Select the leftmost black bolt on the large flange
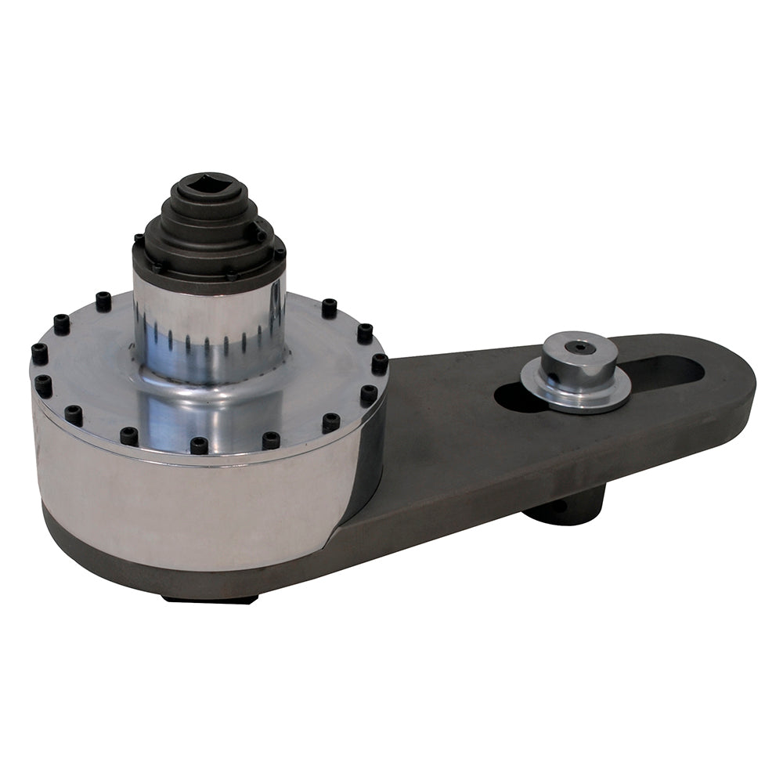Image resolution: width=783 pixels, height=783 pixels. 38,354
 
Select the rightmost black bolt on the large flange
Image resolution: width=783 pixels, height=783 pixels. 380,363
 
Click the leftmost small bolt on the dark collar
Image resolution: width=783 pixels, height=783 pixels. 139,238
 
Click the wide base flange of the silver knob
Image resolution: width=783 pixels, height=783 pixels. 576,391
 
